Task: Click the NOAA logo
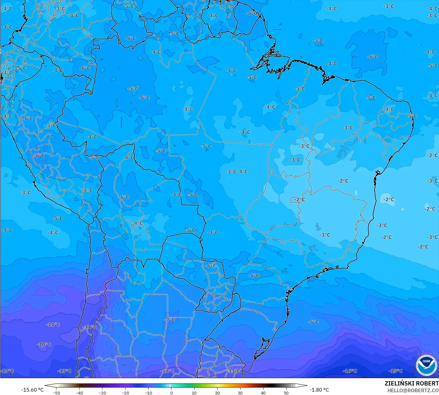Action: [x=426, y=365]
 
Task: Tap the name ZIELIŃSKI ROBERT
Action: [x=411, y=383]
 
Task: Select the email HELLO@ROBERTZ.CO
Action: [x=413, y=390]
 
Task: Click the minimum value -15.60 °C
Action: [x=32, y=390]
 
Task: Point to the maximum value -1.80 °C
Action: [x=319, y=390]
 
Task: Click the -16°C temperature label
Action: [x=350, y=371]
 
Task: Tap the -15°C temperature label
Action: [x=395, y=371]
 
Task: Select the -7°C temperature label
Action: [x=169, y=319]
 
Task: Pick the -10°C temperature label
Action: [x=44, y=345]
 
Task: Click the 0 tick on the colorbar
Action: [x=171, y=393]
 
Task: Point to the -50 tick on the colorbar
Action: [x=56, y=393]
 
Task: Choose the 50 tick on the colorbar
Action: [x=286, y=393]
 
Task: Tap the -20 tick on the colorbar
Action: [x=125, y=393]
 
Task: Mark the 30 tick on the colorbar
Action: [x=240, y=393]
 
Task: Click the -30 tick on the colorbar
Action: [x=102, y=393]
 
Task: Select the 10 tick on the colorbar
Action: [x=194, y=393]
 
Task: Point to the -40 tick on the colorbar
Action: [x=79, y=393]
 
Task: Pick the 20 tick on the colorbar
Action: [x=217, y=393]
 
